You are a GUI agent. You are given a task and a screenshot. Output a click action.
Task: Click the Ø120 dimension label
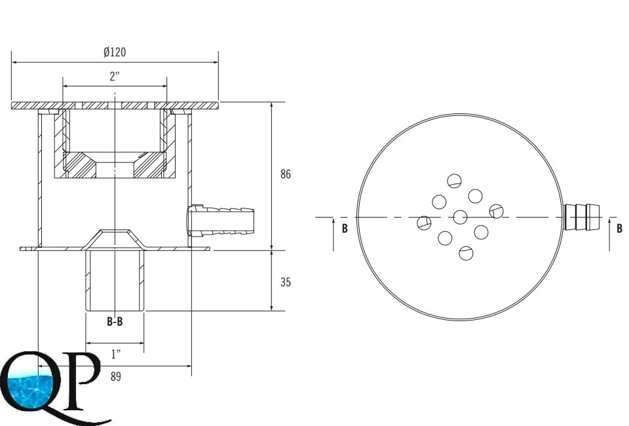(114, 52)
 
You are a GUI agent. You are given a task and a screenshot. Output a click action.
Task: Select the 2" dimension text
(115, 77)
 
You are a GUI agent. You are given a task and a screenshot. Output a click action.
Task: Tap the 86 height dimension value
(285, 174)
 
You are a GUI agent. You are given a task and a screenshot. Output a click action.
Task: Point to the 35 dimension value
(285, 282)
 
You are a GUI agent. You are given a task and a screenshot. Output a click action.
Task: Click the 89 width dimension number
(115, 377)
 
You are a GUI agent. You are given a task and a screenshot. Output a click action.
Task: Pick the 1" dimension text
(115, 354)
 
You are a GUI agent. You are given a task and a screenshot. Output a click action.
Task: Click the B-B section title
(115, 321)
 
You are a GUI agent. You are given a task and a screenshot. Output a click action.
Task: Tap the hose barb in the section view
(220, 221)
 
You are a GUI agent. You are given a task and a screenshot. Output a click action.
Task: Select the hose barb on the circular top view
(582, 217)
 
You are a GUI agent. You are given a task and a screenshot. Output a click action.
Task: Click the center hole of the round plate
(460, 217)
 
